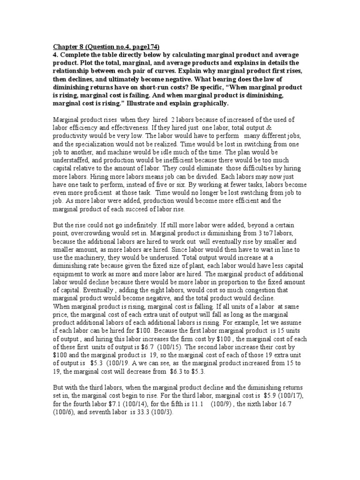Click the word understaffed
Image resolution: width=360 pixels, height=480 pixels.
coord(71,160)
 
